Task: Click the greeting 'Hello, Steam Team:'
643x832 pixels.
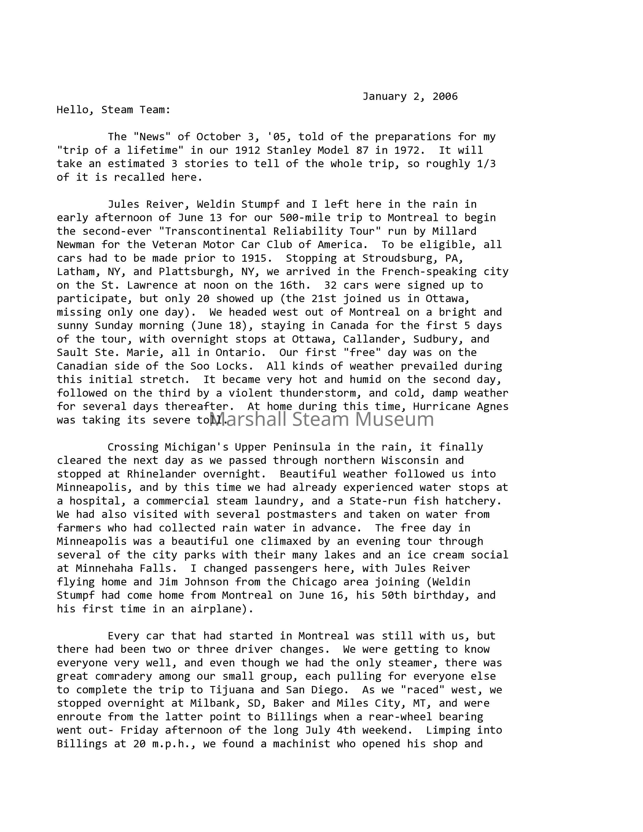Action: click(114, 110)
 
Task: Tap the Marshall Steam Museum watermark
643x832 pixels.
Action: click(322, 419)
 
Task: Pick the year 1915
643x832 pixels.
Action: click(254, 258)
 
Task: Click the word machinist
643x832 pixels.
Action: click(302, 744)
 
